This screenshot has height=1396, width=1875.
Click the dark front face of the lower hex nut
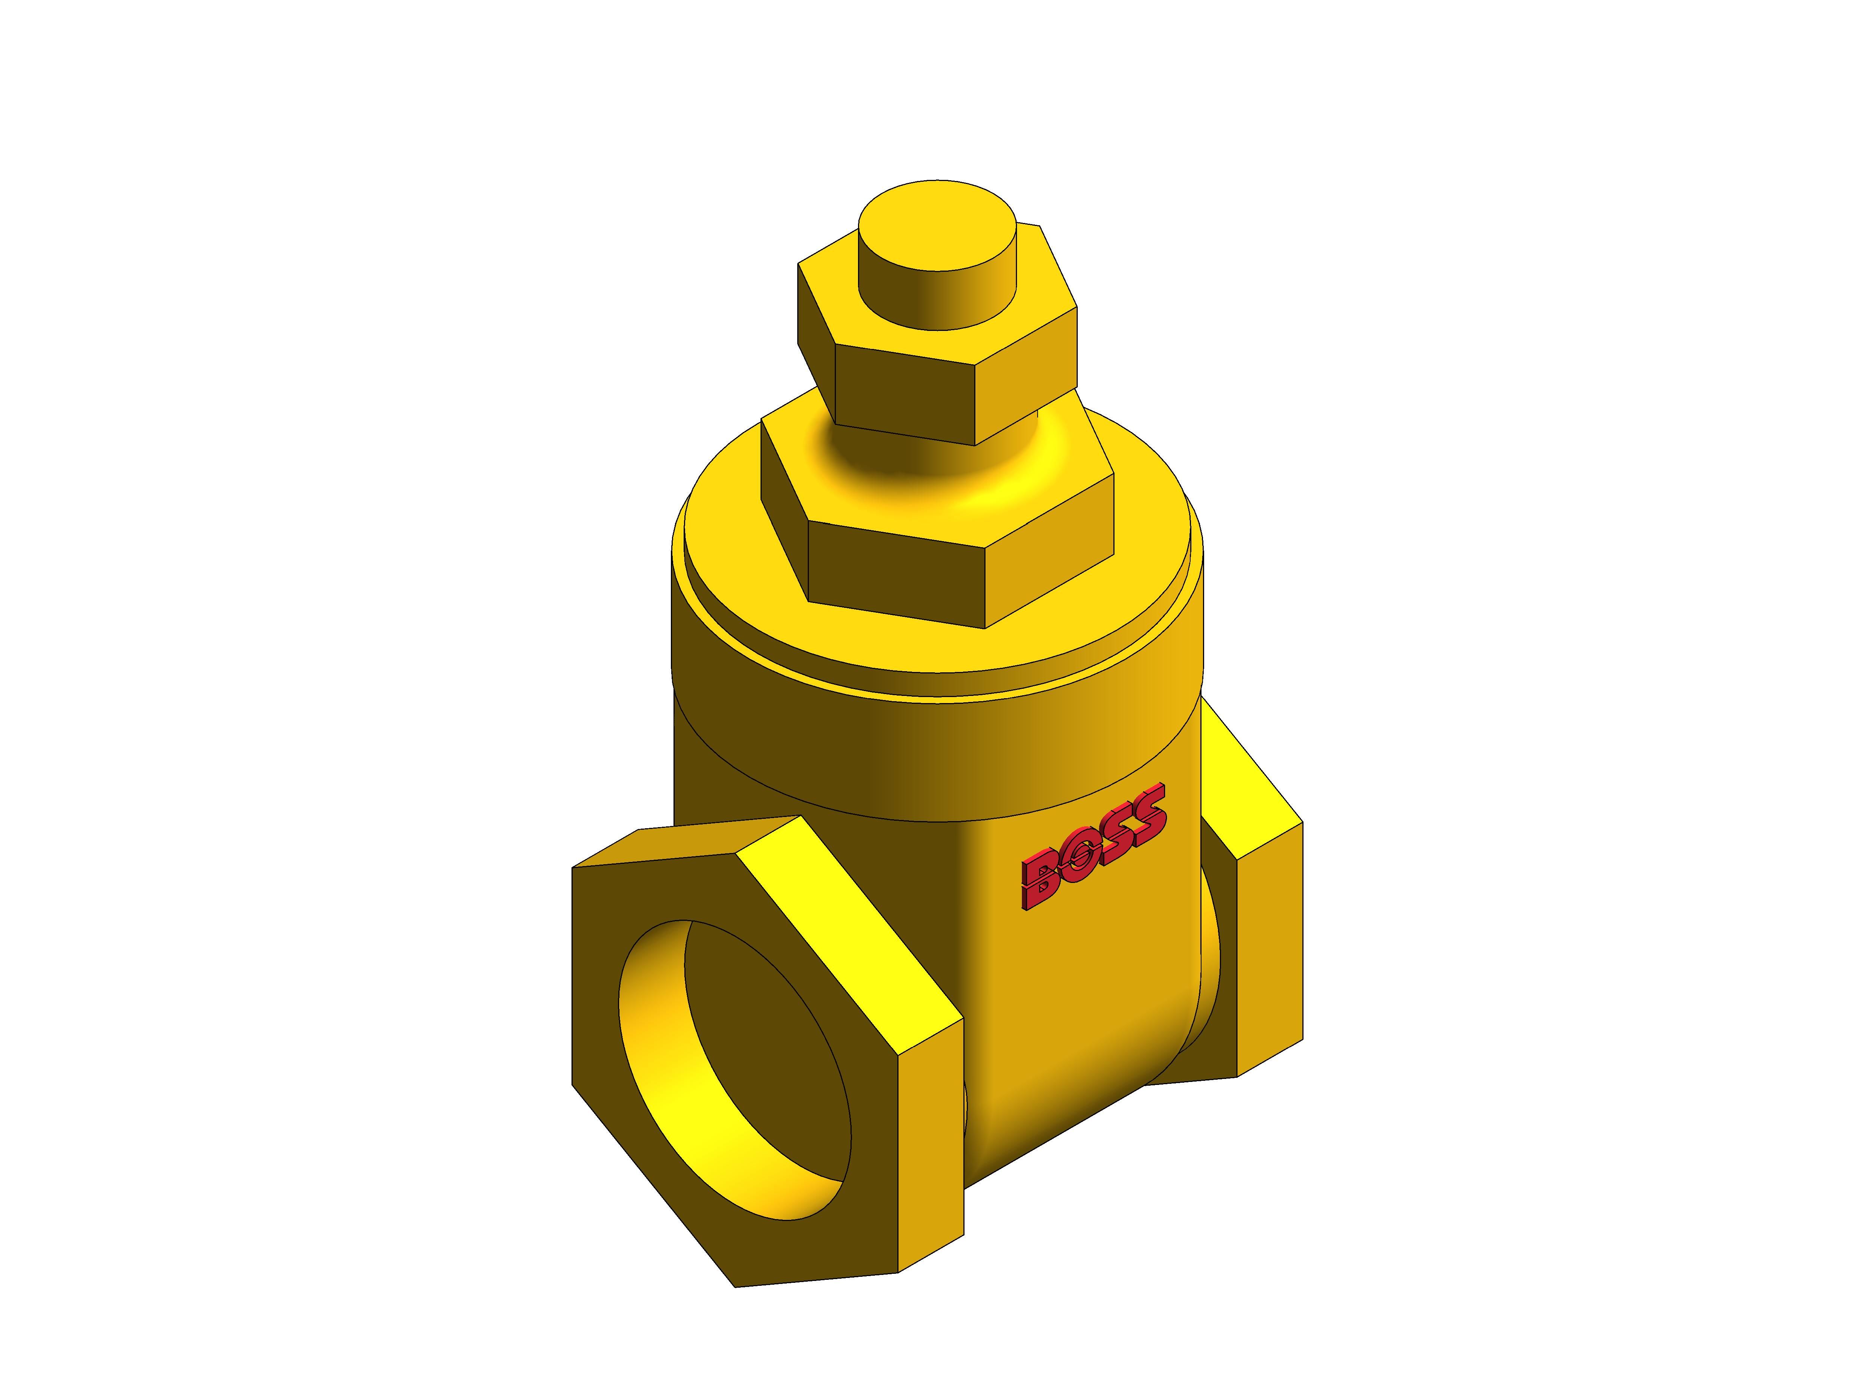[896, 575]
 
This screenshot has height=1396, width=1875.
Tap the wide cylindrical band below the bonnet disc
[930, 752]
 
